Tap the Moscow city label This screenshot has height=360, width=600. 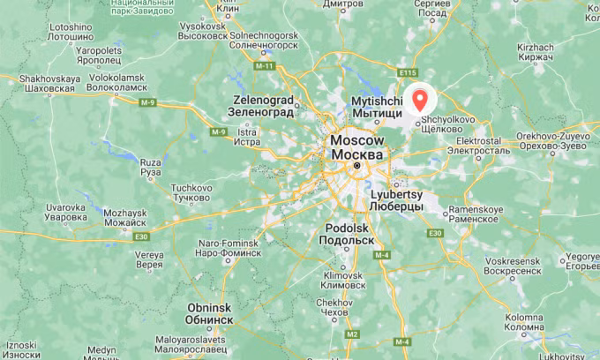pos(357,147)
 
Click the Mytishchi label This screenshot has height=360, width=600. pos(377,107)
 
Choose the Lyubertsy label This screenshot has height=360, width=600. pos(397,200)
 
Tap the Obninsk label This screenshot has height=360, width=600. pos(210,313)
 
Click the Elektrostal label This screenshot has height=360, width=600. pos(476,146)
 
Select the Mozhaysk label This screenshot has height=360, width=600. pos(124,219)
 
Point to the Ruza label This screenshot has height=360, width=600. pos(151,166)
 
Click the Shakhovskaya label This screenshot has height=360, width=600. pos(44,84)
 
